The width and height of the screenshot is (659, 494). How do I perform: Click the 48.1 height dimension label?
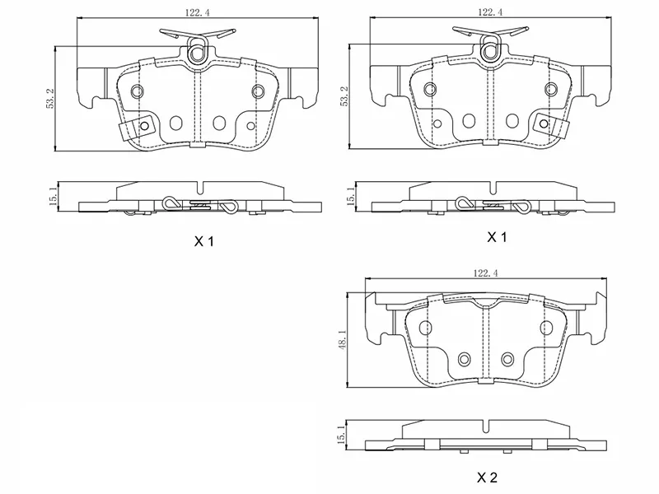pyautogui.click(x=343, y=339)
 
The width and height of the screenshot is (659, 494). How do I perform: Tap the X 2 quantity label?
pyautogui.click(x=487, y=478)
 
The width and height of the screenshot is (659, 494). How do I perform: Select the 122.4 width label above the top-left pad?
pyautogui.click(x=197, y=12)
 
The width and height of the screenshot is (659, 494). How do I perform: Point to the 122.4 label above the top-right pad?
pyautogui.click(x=489, y=12)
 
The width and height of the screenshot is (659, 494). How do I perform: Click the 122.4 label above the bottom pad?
pyautogui.click(x=485, y=273)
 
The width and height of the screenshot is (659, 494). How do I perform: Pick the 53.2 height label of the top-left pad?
pyautogui.click(x=50, y=99)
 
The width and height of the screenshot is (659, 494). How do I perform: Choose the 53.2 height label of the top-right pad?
pyautogui.click(x=344, y=96)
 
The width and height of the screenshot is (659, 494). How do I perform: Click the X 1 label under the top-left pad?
pyautogui.click(x=203, y=241)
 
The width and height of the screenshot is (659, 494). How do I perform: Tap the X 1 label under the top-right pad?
pyautogui.click(x=497, y=237)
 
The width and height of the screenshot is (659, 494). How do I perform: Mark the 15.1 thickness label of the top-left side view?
pyautogui.click(x=54, y=196)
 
